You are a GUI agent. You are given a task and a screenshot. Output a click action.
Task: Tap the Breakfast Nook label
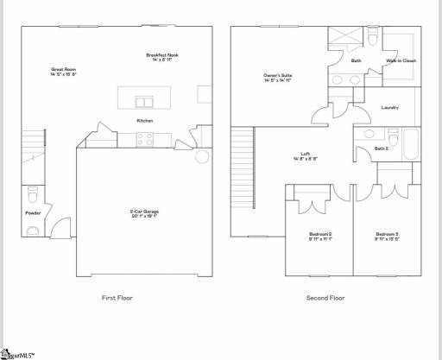tap(161, 58)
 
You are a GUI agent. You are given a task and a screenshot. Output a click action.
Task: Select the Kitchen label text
tap(145, 121)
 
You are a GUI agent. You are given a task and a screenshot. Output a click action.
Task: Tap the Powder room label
tap(34, 212)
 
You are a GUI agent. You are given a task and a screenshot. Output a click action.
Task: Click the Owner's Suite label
tap(278, 79)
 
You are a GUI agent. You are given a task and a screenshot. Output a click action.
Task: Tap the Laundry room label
tap(389, 107)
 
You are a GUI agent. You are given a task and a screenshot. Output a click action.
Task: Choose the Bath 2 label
tap(382, 149)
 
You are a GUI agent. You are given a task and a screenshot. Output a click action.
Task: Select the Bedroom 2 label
tap(320, 237)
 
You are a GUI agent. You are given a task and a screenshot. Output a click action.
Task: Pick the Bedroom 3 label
tap(386, 237)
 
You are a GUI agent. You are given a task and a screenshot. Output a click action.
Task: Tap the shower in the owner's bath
tap(341, 40)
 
